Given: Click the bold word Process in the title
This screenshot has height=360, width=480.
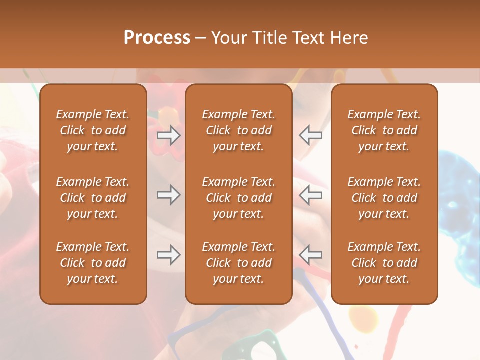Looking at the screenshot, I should tap(157, 38).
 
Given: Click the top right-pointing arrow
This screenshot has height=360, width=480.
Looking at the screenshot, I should tap(168, 135).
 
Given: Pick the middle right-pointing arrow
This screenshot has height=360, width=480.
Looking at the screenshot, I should tap(168, 195).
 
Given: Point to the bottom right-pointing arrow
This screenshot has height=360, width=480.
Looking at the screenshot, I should tap(168, 255).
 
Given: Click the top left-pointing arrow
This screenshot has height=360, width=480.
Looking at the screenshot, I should tap(311, 135).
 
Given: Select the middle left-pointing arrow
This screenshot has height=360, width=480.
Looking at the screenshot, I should tap(311, 195).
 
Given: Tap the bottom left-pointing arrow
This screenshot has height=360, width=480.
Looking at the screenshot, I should tap(311, 255).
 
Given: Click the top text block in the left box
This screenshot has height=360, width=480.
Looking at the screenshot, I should tap(93, 130).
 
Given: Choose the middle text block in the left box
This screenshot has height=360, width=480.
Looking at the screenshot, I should tap(93, 198).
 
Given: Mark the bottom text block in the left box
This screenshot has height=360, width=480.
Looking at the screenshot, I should tap(93, 263).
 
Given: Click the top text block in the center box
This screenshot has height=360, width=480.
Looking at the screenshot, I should tap(239, 130).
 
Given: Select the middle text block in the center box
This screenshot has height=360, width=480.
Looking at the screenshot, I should tap(239, 198).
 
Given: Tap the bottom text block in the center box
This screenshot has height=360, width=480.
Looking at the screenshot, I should tap(239, 263).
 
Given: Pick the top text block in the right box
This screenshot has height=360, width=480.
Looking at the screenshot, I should tap(384, 130).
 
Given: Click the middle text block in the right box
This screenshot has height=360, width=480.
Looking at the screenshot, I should tap(384, 198).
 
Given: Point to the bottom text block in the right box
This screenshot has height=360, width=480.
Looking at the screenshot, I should tap(384, 263).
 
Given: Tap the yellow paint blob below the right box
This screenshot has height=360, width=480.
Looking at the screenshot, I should tap(363, 317).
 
